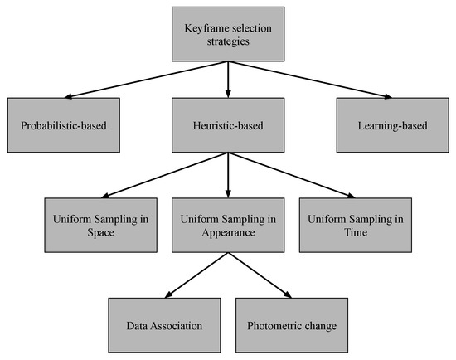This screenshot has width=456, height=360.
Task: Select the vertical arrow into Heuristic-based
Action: tap(227, 80)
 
